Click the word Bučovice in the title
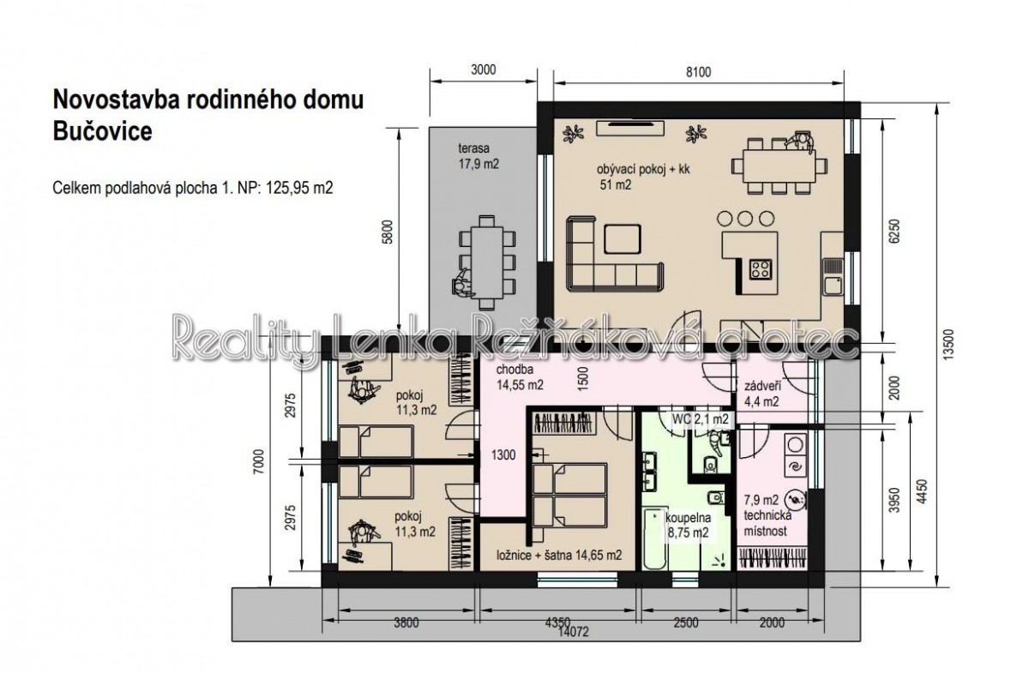click(x=102, y=131)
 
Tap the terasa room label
click(x=473, y=148)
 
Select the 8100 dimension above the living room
click(x=698, y=72)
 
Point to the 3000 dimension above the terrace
click(x=484, y=69)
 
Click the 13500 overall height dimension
click(x=948, y=344)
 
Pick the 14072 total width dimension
click(x=573, y=632)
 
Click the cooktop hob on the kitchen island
click(x=761, y=270)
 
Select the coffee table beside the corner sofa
click(x=623, y=239)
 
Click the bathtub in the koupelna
click(x=653, y=539)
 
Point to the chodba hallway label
click(x=515, y=370)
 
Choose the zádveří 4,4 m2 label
click(x=761, y=394)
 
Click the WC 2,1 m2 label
click(x=700, y=419)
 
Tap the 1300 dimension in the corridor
click(x=503, y=454)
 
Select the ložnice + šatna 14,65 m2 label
click(x=559, y=555)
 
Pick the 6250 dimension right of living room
click(x=895, y=232)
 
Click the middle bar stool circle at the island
click(x=745, y=219)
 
